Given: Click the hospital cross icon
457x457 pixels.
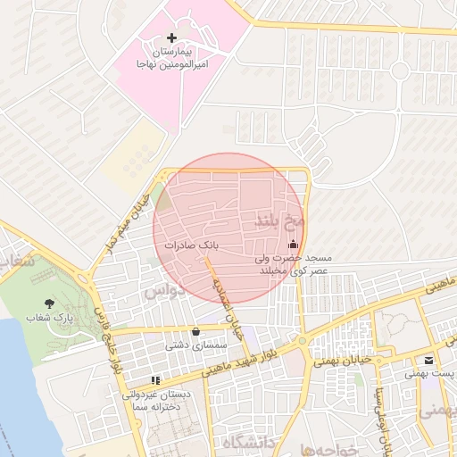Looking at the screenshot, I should tap(172, 38).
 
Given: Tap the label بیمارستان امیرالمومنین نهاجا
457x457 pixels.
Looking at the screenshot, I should tap(171, 59).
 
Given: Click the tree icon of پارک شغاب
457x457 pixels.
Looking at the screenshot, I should tap(48, 304).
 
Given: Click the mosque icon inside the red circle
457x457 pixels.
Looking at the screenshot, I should tap(293, 245).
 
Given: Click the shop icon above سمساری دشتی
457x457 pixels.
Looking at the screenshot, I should tap(195, 331).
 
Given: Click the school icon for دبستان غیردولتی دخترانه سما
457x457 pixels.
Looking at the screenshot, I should tap(157, 380).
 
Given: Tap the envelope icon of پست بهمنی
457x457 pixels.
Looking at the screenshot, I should tap(429, 361).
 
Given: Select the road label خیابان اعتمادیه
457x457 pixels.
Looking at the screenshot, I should tap(225, 300).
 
